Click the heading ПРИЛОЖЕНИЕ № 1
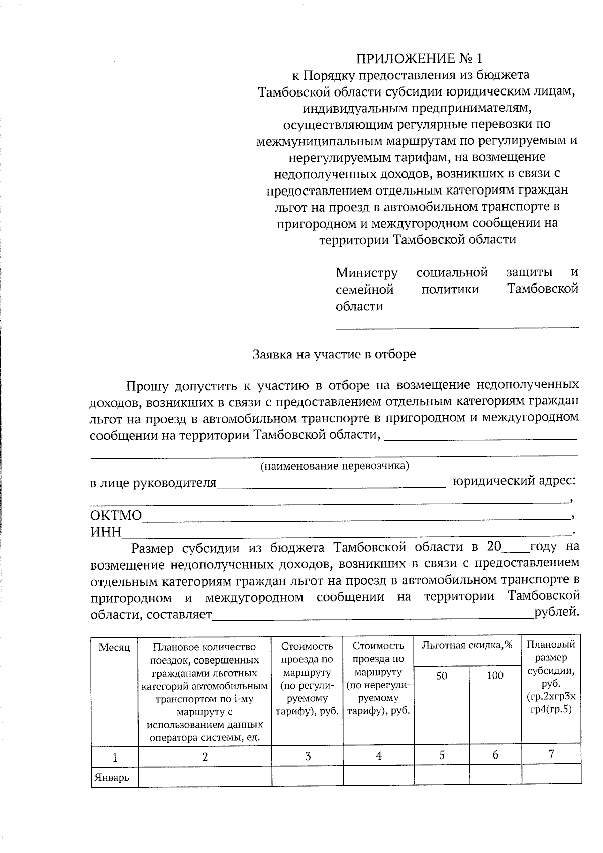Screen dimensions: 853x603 click(415, 59)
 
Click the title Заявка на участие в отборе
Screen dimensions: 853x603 click(334, 354)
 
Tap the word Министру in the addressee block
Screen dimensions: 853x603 click(366, 273)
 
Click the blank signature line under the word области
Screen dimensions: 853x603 click(457, 327)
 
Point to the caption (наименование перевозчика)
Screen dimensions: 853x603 click(334, 466)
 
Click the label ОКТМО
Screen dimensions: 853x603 click(116, 516)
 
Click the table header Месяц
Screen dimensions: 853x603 click(114, 648)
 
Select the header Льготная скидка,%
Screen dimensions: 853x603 click(467, 645)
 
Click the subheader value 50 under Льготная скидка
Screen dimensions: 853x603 click(441, 676)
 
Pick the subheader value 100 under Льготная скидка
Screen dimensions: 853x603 click(495, 676)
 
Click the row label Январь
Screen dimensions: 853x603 click(111, 778)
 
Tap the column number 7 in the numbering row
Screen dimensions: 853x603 click(551, 754)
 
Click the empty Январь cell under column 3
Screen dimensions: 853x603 click(307, 776)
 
